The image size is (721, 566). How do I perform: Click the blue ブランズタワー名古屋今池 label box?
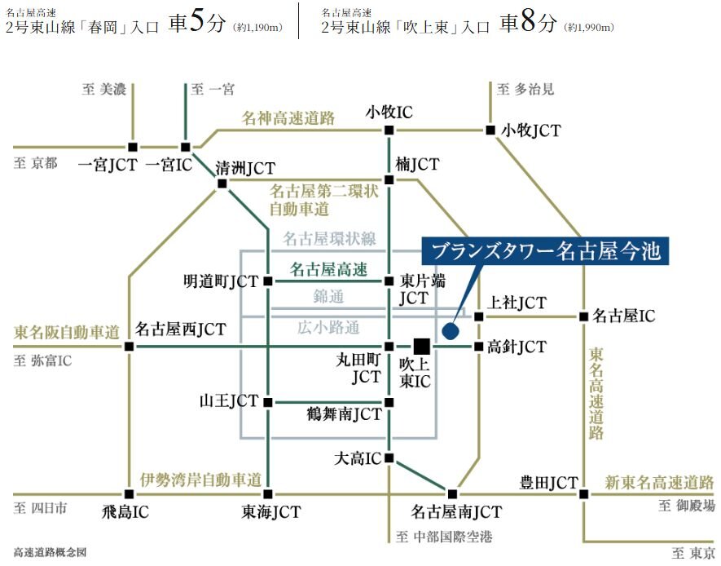pyautogui.click(x=544, y=250)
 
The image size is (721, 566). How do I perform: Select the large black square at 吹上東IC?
pyautogui.click(x=421, y=346)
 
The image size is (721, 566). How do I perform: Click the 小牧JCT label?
pyautogui.click(x=531, y=130)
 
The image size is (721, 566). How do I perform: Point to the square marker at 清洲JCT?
pyautogui.click(x=222, y=184)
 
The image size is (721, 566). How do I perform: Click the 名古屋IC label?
pyautogui.click(x=623, y=316)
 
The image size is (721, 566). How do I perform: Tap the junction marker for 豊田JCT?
pyautogui.click(x=583, y=493)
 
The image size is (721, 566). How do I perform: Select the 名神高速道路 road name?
pyautogui.click(x=288, y=118)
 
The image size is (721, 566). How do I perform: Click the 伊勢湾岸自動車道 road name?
pyautogui.click(x=200, y=480)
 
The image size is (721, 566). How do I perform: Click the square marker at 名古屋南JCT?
pyautogui.click(x=452, y=493)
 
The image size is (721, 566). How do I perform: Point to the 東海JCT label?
pyautogui.click(x=270, y=512)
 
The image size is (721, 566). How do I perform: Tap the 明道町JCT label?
pyautogui.click(x=221, y=282)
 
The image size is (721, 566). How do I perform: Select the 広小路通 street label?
pyautogui.click(x=328, y=328)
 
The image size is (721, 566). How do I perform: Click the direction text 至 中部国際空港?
pyautogui.click(x=444, y=537)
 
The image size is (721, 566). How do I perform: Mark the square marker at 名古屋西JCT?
pyautogui.click(x=129, y=347)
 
